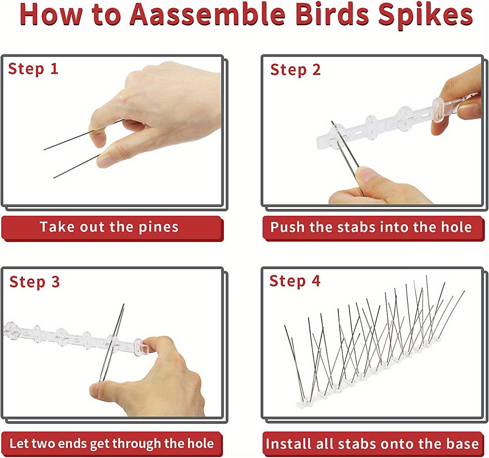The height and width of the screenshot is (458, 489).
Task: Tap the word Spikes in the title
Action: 425,16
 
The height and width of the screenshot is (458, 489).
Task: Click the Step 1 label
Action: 33,69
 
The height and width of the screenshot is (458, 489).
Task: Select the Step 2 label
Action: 295,70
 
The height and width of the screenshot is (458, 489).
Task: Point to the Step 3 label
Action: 35,282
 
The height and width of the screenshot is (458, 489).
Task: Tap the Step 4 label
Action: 295,281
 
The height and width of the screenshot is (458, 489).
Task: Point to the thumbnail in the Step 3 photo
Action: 95,390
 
